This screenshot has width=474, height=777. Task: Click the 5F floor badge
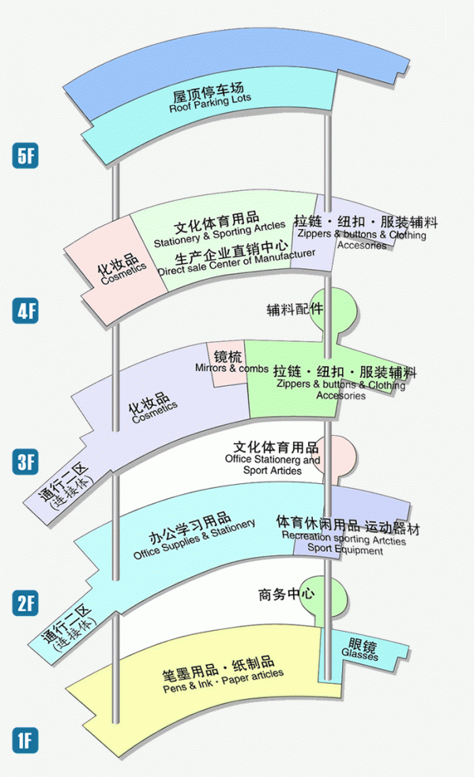26,155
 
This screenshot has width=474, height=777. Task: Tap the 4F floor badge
26,310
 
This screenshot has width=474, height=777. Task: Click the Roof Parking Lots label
210,106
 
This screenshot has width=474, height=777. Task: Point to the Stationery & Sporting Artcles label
219,234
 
